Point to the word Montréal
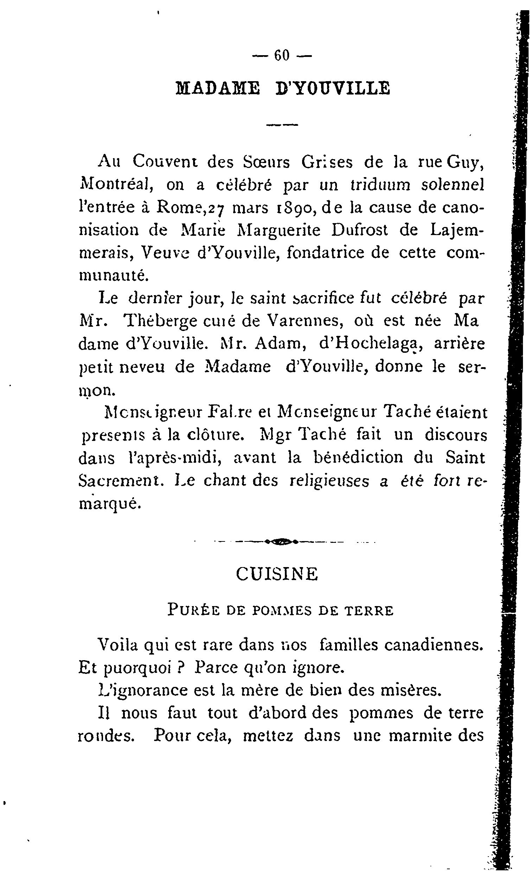click(x=115, y=186)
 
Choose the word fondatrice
click(x=338, y=253)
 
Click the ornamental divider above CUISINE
click(x=282, y=541)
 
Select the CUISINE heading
click(x=277, y=574)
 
